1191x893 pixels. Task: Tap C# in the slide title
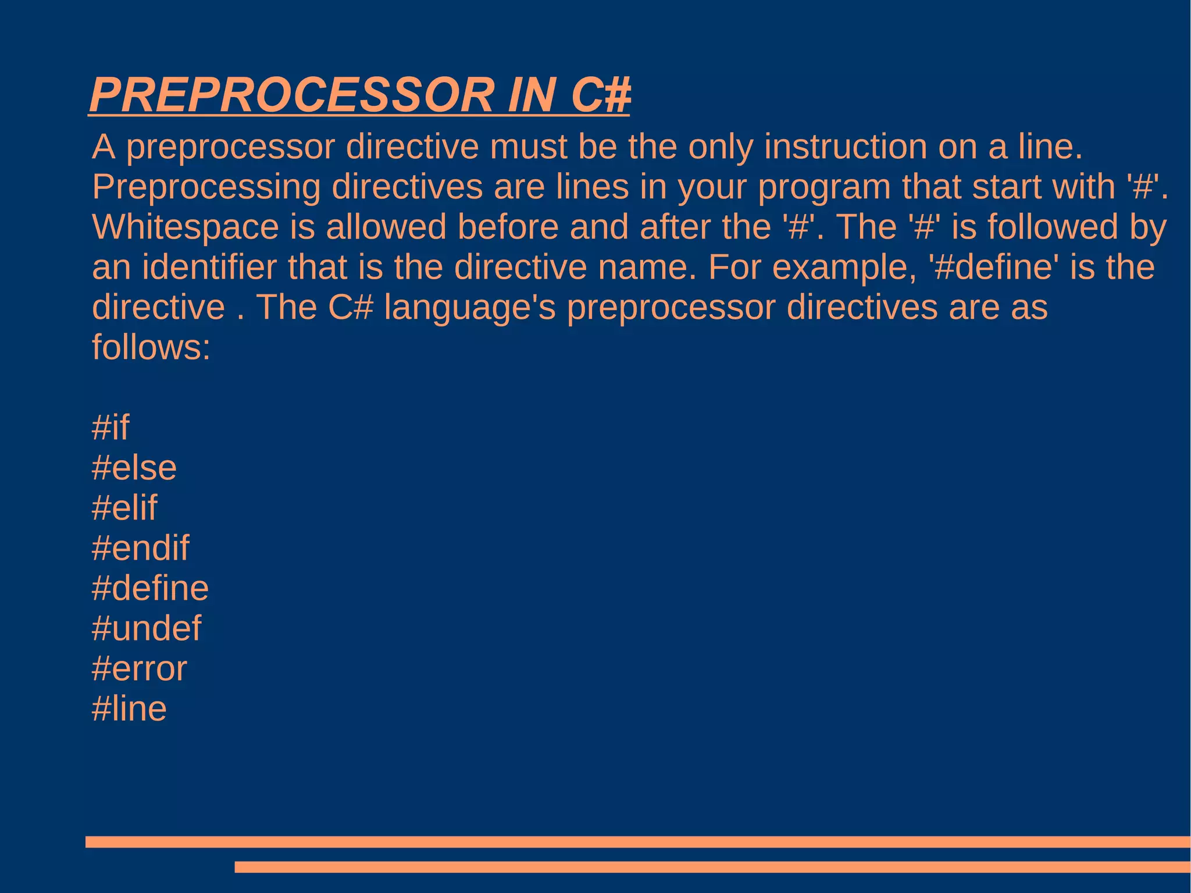[x=601, y=95]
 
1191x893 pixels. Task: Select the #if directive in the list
[x=110, y=428]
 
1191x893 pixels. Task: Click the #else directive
[x=134, y=468]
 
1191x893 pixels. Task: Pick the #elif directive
[x=124, y=508]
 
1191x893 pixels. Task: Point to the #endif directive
[x=140, y=548]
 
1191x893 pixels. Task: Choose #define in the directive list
[x=150, y=588]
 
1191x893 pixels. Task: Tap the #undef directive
[x=146, y=628]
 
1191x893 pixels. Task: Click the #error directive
[x=139, y=668]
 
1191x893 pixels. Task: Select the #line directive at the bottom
[x=129, y=709]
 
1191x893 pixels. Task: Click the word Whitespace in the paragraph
[x=186, y=227]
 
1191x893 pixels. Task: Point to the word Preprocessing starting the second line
[x=206, y=187]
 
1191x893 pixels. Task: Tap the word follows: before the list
[x=151, y=347]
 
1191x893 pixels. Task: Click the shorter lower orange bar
[x=712, y=867]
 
